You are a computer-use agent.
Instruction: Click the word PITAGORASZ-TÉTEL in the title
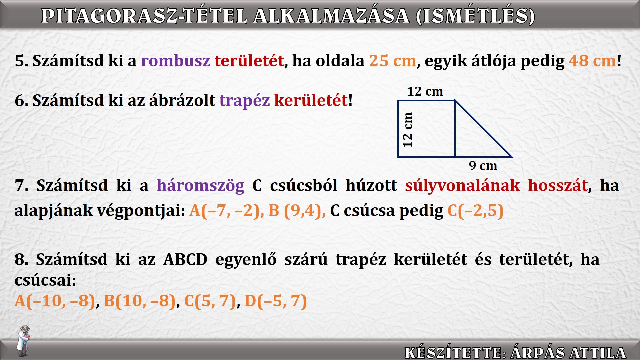coord(144,16)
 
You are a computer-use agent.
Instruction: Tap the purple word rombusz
coord(175,61)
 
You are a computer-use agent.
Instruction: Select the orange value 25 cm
coord(393,61)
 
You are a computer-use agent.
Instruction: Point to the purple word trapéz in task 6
coord(245,101)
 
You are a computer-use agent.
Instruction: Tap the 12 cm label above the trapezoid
coord(425,91)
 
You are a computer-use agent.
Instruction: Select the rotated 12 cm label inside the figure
coord(408,130)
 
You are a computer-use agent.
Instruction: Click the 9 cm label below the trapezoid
coord(483,165)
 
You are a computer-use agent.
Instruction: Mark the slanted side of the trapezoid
coord(483,129)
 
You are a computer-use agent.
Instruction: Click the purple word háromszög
coord(200,186)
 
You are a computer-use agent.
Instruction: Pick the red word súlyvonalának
coord(462,185)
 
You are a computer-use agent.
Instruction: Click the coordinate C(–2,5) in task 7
coord(475,211)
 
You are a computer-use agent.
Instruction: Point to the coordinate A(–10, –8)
coord(55,301)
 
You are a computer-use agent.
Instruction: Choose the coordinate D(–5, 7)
coord(276,301)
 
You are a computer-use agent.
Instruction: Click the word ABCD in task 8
coord(185,259)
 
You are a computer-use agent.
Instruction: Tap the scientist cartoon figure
coord(23,341)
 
